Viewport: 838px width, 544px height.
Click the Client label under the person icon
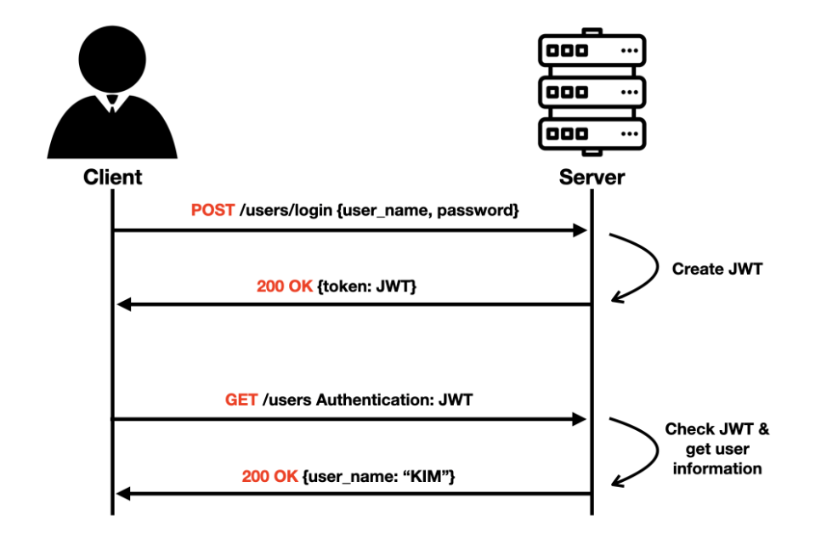112,178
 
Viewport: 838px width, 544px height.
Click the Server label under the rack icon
592,178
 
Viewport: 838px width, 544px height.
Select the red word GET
241,399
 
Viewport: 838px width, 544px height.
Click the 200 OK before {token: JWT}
285,286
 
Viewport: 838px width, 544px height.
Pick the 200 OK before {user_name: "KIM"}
269,477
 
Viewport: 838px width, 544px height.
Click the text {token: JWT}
366,286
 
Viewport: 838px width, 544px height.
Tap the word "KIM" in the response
429,477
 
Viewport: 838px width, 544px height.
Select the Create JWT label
716,269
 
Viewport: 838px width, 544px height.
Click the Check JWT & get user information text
716,449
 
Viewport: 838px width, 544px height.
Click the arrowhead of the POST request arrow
581,230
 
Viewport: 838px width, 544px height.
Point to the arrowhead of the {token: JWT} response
122,304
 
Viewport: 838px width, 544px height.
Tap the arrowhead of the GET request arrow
581,419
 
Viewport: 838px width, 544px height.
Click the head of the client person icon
112,59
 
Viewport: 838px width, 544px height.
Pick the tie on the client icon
112,105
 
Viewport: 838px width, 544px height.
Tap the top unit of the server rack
592,50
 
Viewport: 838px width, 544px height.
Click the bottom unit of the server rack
592,133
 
